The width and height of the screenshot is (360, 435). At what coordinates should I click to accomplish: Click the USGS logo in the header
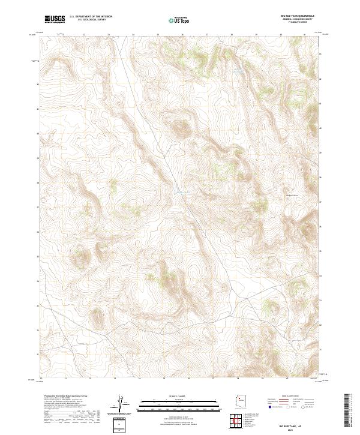[x=55, y=19]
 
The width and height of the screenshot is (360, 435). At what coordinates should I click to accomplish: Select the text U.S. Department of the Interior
[x=91, y=17]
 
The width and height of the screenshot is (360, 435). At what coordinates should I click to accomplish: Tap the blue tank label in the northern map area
[x=238, y=73]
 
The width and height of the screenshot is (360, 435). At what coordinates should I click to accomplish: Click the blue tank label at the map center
[x=181, y=192]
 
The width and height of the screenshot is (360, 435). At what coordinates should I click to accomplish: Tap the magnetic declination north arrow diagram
[x=121, y=404]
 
